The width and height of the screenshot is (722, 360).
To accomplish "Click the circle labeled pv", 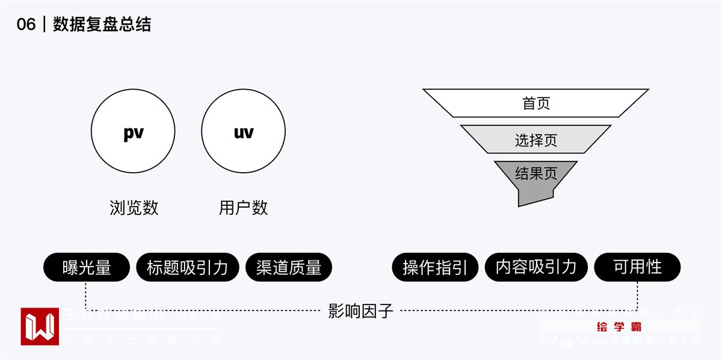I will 133,131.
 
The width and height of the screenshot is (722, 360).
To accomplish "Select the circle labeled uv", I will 243,131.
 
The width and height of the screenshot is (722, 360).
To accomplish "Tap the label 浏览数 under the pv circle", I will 134,208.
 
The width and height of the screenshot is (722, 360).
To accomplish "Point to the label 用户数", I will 243,208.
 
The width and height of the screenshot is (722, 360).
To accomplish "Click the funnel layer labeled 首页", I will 535,103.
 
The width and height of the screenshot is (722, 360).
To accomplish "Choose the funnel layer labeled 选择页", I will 535,140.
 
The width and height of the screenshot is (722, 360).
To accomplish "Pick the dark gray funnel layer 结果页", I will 535,175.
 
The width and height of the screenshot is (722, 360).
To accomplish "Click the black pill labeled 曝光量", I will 87,267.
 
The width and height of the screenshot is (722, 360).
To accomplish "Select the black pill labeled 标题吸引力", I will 187,267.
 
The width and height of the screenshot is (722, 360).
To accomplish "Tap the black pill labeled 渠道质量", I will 289,267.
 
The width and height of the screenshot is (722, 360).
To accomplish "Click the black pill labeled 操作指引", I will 435,267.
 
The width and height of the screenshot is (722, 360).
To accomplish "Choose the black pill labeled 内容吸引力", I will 536,267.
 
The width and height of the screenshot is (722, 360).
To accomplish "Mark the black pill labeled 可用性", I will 637,267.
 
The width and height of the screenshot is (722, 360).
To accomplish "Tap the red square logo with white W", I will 40,326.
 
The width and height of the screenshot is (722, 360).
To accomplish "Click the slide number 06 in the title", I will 26,24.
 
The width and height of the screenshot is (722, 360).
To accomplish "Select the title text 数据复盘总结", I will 102,24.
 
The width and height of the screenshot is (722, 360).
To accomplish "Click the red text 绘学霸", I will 619,327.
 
